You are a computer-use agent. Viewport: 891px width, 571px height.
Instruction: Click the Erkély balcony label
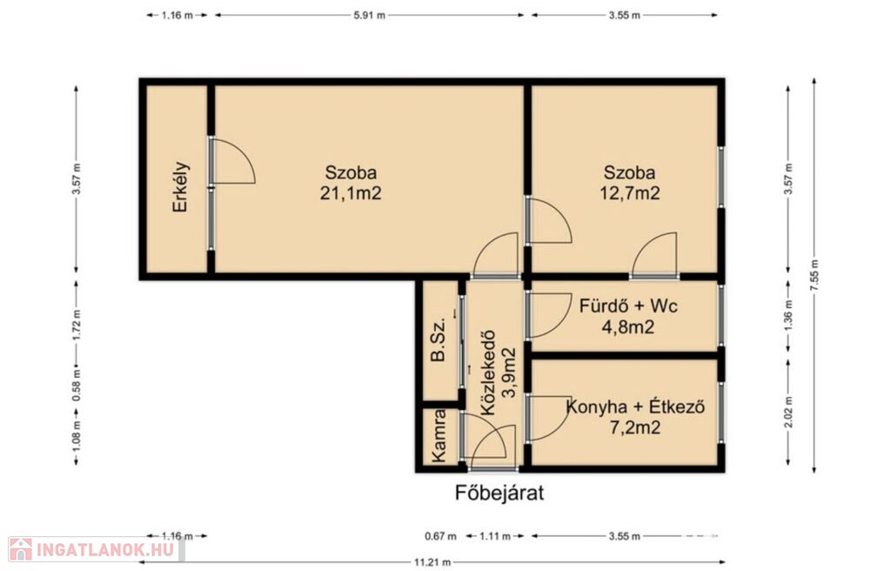click(x=181, y=187)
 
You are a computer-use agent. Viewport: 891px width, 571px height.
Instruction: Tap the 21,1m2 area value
click(x=351, y=193)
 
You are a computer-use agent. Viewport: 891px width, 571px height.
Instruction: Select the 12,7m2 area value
click(x=630, y=193)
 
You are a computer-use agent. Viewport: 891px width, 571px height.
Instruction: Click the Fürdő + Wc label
click(x=628, y=306)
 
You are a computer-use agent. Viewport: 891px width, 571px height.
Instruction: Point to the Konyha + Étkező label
click(x=636, y=406)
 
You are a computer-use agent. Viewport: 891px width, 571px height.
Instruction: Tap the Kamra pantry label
click(x=439, y=435)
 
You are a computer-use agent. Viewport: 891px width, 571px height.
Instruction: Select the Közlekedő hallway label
click(x=488, y=373)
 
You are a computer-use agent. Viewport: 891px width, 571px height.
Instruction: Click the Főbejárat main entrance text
click(x=499, y=493)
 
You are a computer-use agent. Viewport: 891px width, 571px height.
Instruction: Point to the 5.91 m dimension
click(x=369, y=16)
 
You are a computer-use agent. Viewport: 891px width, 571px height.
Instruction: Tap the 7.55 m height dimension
click(x=814, y=276)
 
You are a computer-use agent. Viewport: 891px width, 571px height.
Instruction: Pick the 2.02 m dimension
click(x=787, y=412)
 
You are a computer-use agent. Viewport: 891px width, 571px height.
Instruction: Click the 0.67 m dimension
click(x=440, y=535)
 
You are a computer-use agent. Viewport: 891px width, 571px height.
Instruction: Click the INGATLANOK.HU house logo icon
click(x=21, y=549)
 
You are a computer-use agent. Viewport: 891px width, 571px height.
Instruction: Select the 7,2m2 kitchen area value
click(x=634, y=427)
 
